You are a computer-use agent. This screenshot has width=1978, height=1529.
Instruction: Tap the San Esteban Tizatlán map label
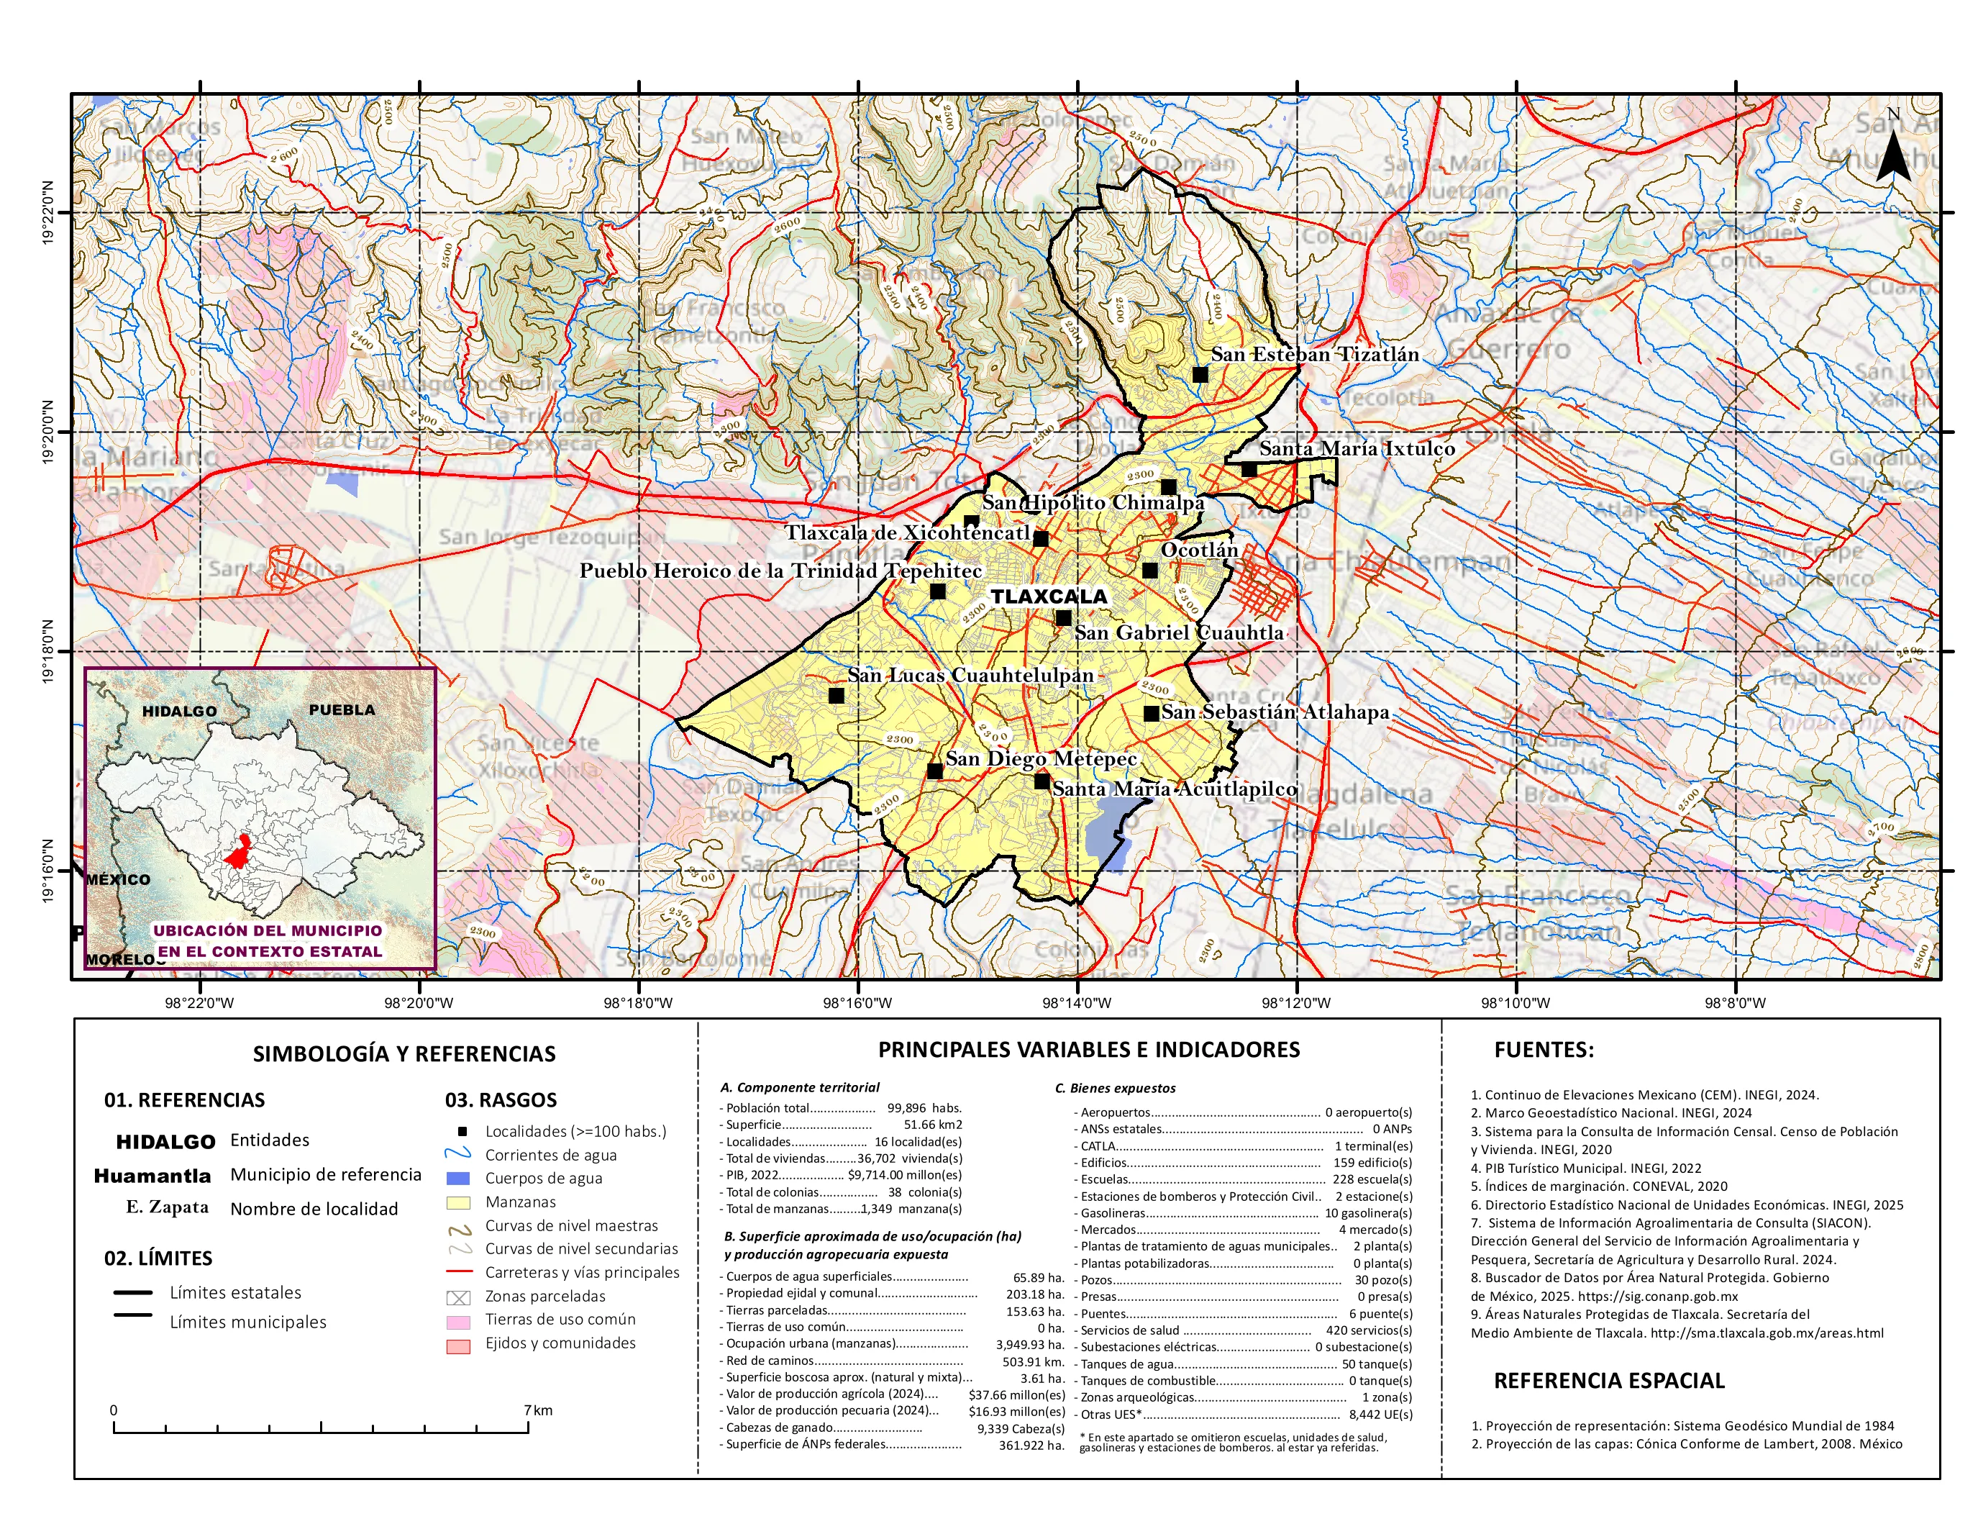coord(1315,354)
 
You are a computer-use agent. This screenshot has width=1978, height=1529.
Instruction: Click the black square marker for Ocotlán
coord(1150,571)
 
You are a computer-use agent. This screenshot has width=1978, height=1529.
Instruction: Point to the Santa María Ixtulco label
coord(1357,448)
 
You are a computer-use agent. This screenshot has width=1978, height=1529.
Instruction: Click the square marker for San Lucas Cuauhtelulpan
coord(836,696)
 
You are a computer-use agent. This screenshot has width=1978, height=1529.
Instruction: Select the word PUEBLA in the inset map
coord(342,710)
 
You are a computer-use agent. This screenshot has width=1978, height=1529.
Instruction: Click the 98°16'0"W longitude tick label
coord(857,1003)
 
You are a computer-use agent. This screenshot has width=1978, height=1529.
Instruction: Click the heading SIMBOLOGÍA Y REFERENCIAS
coord(404,1053)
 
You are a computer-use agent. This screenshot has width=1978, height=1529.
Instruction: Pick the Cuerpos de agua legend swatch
coord(458,1179)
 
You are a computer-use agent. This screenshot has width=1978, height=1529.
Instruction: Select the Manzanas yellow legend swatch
coord(458,1203)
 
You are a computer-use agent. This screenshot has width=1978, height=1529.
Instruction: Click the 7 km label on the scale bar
coord(537,1410)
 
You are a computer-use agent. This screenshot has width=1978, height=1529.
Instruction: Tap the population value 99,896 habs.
coord(924,1108)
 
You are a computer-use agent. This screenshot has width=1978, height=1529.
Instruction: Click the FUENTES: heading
coord(1544,1050)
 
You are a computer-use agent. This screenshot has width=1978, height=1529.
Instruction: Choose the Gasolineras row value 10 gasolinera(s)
coord(1367,1213)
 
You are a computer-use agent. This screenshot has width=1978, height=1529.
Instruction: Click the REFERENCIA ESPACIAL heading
coord(1608,1381)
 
